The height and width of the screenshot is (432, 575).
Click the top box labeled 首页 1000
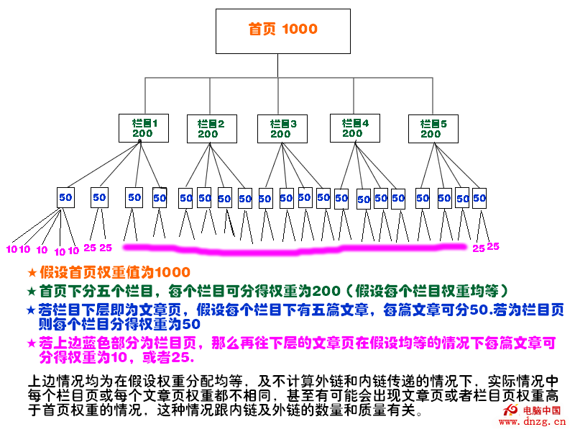click(283, 30)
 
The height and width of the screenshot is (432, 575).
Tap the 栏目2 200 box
click(211, 128)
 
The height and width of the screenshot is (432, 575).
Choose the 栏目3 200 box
click(282, 128)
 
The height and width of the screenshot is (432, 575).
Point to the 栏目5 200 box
click(433, 128)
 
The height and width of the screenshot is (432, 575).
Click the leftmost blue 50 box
click(65, 197)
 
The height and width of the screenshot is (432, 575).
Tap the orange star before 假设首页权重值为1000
click(31, 273)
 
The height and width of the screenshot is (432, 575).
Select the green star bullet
click(31, 292)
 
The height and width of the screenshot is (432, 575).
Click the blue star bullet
click(31, 310)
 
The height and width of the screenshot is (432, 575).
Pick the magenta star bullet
click(31, 343)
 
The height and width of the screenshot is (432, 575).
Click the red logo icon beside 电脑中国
click(511, 410)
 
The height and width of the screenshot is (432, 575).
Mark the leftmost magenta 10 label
click(11, 250)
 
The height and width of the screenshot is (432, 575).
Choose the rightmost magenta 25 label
click(493, 246)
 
